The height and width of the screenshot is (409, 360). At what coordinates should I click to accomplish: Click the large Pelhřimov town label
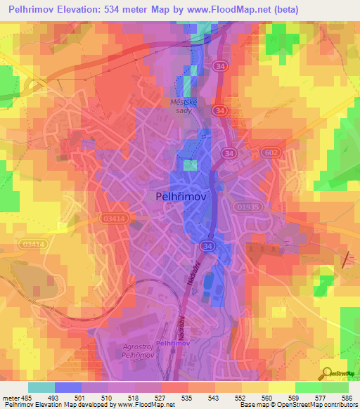180,197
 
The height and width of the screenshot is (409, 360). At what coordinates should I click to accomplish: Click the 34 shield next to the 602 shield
229,152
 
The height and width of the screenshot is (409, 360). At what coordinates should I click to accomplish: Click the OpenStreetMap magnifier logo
326,372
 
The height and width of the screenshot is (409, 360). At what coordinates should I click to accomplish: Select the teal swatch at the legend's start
41,387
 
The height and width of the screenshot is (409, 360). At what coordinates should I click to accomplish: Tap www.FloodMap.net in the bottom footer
147,405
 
